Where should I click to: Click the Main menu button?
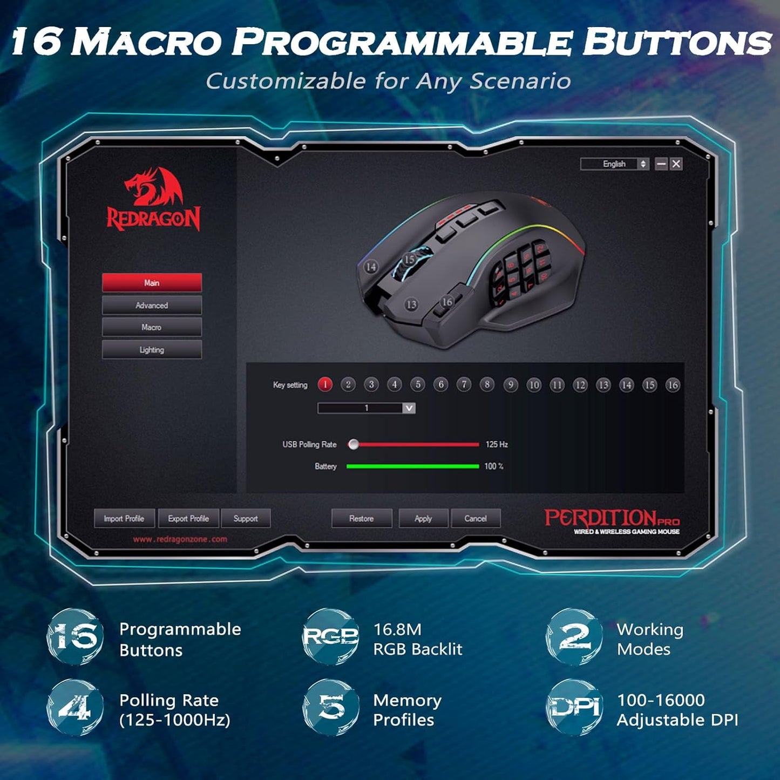click(x=152, y=283)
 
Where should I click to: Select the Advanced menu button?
click(x=152, y=306)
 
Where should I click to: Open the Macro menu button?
click(x=152, y=328)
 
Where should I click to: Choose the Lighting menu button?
click(x=152, y=350)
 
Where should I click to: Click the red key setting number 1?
click(x=325, y=384)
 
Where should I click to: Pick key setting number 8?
click(x=487, y=384)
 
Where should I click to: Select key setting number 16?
click(x=672, y=385)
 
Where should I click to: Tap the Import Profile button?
click(x=124, y=518)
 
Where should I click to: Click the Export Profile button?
click(x=188, y=518)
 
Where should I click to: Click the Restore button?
click(x=361, y=518)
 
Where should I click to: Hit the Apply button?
click(x=423, y=518)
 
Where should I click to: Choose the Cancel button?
click(x=476, y=518)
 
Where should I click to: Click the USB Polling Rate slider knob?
click(x=354, y=444)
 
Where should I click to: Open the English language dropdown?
click(x=614, y=164)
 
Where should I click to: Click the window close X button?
click(x=676, y=164)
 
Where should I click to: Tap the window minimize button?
click(x=661, y=164)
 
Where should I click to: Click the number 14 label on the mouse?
click(x=371, y=267)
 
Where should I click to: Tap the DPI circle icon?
click(x=574, y=708)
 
